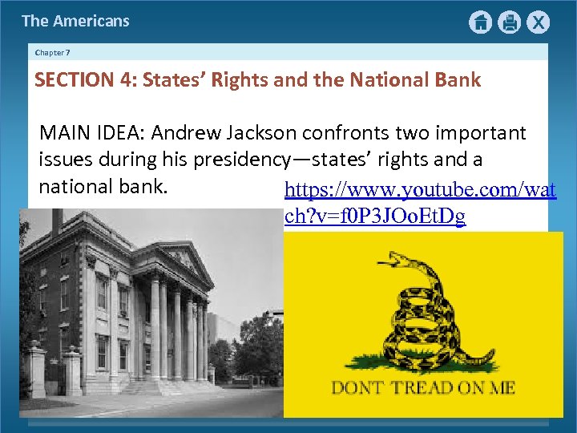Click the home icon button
480,22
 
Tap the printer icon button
510,22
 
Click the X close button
539,22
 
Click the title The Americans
75,22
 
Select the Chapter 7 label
53,52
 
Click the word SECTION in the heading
71,80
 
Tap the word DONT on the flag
358,389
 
